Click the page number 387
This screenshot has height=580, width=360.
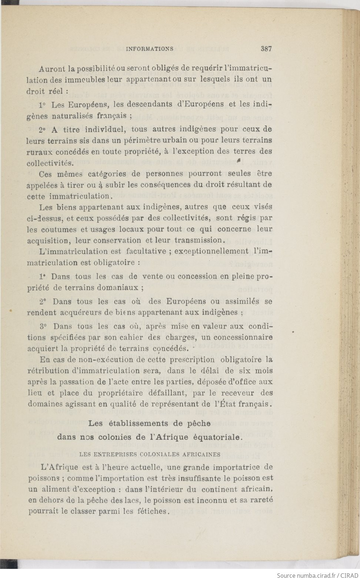tap(266, 48)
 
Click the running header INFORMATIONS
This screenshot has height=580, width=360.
tap(150, 49)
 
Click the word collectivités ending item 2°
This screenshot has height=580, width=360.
tap(50, 163)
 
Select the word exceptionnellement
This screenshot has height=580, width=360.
tap(211, 251)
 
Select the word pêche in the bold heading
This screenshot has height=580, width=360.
tap(200, 423)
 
